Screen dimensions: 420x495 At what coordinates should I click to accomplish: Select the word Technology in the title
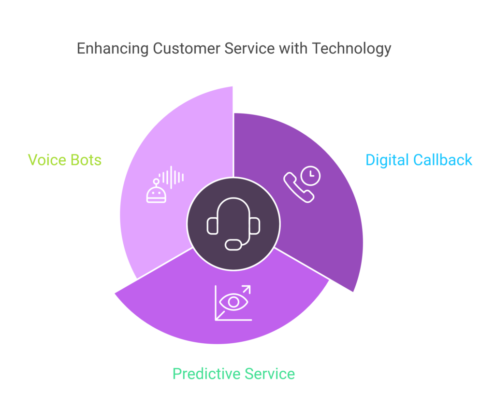click(x=351, y=49)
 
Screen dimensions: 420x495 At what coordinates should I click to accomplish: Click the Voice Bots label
click(x=65, y=160)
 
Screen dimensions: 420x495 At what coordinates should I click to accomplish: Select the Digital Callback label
click(x=419, y=160)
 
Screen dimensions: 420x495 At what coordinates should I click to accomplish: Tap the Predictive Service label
click(x=233, y=374)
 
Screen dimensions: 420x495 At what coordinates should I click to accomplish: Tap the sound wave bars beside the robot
click(x=173, y=177)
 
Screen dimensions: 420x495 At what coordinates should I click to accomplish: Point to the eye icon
click(x=234, y=302)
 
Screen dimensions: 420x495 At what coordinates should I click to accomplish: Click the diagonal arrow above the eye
click(x=245, y=291)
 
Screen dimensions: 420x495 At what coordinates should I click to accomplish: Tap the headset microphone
click(x=233, y=244)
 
